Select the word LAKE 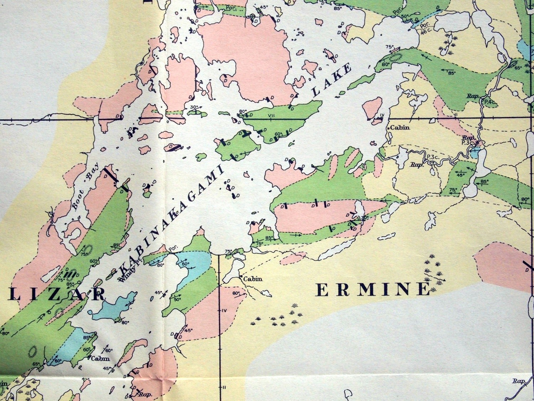332,81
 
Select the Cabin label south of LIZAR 99,359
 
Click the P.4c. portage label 489,102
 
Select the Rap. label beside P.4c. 472,96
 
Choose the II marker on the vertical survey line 224,387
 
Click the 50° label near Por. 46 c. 404,16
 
